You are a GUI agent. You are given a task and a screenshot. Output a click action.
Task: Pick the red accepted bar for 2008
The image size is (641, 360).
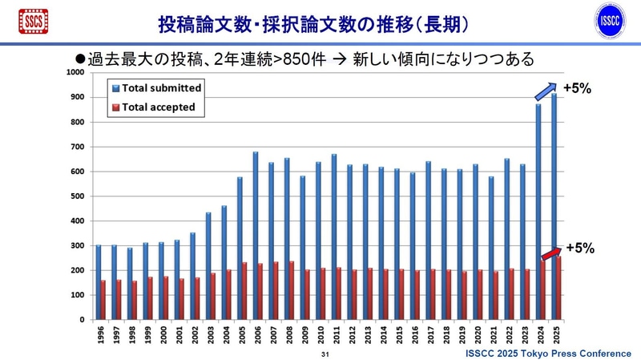click(291, 290)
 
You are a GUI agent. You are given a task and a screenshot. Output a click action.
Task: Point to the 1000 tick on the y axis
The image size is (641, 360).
click(75, 72)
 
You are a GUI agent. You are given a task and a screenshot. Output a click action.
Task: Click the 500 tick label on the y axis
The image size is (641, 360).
click(77, 196)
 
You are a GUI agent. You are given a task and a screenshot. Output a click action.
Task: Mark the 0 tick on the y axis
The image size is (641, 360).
click(82, 320)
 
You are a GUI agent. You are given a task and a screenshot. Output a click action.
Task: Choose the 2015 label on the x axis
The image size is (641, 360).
click(398, 335)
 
